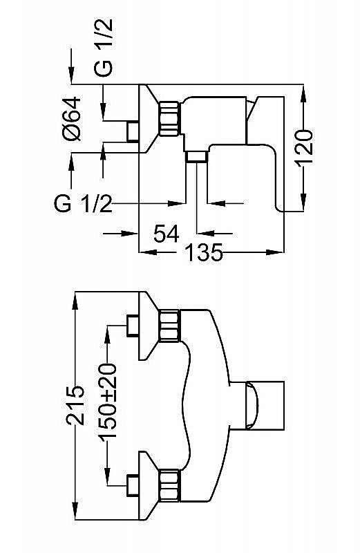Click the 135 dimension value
tap(203, 252)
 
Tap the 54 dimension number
tap(167, 233)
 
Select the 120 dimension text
tap(303, 148)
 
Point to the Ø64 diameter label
tap(72, 119)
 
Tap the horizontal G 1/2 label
tap(83, 203)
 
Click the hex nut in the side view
tap(169, 118)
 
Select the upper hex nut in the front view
tap(169, 326)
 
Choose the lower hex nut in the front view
tap(169, 485)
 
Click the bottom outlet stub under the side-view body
tap(197, 157)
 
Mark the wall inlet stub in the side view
tap(133, 131)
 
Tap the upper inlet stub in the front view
tap(133, 326)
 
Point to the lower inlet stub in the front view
tap(133, 485)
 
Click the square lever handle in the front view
tap(266, 405)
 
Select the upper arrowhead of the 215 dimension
tap(75, 300)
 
